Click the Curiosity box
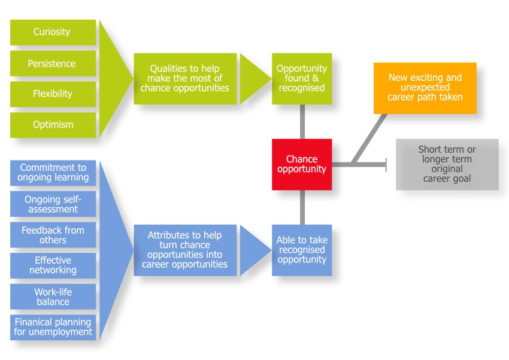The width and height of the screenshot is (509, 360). pyautogui.click(x=53, y=32)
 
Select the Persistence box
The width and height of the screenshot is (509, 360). pyautogui.click(x=53, y=63)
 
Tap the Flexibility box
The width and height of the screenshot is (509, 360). pyautogui.click(x=53, y=94)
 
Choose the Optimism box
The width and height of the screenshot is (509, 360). pyautogui.click(x=53, y=125)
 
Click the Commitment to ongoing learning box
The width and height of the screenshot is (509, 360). pyautogui.click(x=53, y=173)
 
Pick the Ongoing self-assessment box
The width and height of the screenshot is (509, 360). pyautogui.click(x=53, y=204)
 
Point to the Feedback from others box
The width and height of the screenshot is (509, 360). pyautogui.click(x=53, y=235)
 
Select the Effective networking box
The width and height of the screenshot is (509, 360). pyautogui.click(x=53, y=265)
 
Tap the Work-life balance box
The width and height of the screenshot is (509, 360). pyautogui.click(x=53, y=297)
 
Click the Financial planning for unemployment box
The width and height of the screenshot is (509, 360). pyautogui.click(x=53, y=327)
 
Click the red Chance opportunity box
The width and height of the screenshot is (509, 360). pyautogui.click(x=302, y=164)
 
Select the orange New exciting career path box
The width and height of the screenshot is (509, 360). pyautogui.click(x=425, y=87)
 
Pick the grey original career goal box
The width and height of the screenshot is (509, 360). pyautogui.click(x=447, y=164)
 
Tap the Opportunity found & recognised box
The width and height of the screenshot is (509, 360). pyautogui.click(x=302, y=78)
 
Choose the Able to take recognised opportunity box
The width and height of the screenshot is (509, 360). pyautogui.click(x=302, y=250)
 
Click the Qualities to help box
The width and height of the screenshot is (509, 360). pyautogui.click(x=184, y=78)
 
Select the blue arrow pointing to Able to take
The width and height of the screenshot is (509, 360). pyautogui.click(x=253, y=250)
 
